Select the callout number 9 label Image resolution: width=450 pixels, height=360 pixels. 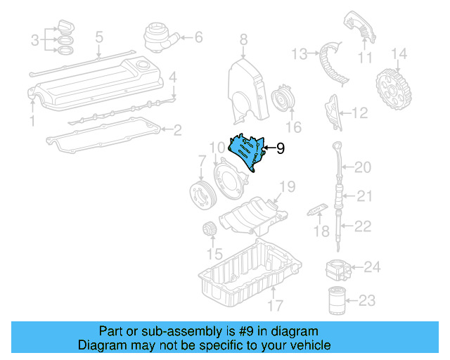pos(280,148)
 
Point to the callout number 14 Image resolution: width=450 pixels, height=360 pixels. pos(399,53)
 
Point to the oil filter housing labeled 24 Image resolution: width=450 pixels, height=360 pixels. pos(336,269)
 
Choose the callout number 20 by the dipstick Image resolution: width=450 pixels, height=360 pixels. pos(362,167)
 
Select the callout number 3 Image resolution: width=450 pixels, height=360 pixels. pos(35,41)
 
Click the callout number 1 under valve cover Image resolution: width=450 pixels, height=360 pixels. pos(31,122)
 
